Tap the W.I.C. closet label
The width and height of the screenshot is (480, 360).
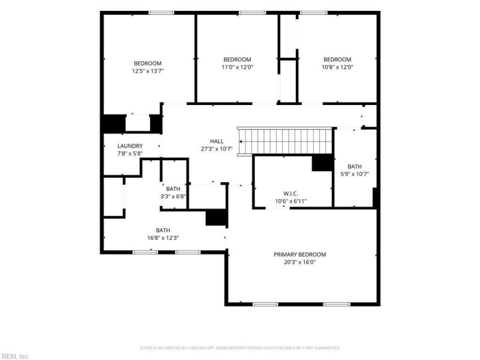coord(291,194)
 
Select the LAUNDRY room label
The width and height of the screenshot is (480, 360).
coord(130,146)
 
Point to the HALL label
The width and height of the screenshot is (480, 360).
coord(217,141)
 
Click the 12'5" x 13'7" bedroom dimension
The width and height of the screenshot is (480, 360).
coord(148,71)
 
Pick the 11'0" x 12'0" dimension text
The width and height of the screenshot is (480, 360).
coord(238,67)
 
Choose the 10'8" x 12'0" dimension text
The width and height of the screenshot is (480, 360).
coord(337,67)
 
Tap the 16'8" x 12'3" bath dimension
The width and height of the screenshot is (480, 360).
coord(163,238)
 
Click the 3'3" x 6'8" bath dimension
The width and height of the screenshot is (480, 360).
coord(173,197)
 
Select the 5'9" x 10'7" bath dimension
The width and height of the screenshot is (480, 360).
coord(355,174)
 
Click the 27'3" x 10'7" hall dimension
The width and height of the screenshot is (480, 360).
coord(217,149)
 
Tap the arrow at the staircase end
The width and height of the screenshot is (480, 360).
coord(241,142)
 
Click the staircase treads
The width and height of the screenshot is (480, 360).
coord(285,142)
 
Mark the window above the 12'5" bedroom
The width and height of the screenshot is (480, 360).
coord(161,13)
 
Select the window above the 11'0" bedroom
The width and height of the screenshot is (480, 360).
coord(253,13)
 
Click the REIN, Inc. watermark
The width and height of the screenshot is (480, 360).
coord(14,356)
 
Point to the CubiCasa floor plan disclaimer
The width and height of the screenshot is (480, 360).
coord(240,348)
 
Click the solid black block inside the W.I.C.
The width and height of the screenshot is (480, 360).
coord(322,163)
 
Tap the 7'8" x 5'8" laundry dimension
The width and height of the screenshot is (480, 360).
coord(130,154)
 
